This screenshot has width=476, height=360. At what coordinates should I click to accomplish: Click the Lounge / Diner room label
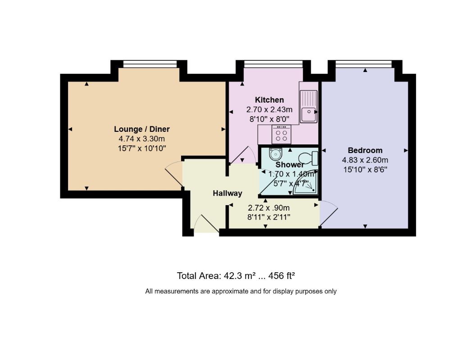[x=142, y=129]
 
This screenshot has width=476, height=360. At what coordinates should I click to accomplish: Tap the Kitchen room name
[x=269, y=100]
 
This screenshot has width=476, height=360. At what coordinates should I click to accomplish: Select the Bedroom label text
[x=365, y=150]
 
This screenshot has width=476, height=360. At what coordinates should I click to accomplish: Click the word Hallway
[x=227, y=193]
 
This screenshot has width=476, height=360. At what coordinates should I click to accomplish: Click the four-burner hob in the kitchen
[x=282, y=134]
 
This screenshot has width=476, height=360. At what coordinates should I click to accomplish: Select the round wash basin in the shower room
[x=275, y=154]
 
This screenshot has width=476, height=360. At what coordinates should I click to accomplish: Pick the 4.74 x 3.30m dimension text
[x=142, y=139]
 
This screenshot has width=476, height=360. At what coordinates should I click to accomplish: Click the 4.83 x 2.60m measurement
[x=365, y=160]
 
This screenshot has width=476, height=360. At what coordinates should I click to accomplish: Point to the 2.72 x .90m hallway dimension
[x=269, y=208]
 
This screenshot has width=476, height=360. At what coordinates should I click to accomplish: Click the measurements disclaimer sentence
[x=240, y=291]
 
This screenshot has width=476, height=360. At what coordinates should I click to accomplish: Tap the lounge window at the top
[x=150, y=64]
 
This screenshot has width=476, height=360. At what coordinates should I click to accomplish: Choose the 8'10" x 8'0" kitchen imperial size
[x=269, y=119]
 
